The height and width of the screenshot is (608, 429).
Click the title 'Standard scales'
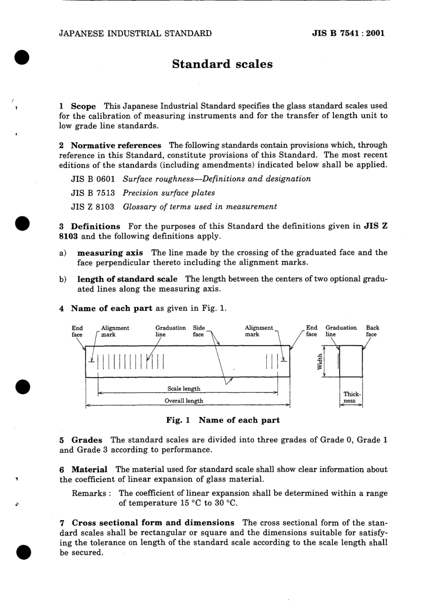coord(222,64)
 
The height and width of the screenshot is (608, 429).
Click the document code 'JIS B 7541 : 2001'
coord(348,33)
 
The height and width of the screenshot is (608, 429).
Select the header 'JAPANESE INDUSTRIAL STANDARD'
coord(135,33)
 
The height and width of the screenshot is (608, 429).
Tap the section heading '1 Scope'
coord(78,106)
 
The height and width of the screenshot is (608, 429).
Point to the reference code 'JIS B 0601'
coord(93,179)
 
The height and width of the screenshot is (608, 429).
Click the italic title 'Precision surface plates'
coord(169,193)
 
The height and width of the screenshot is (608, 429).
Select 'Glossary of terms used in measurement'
coord(200,207)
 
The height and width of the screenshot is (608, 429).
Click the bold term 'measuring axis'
coord(110,253)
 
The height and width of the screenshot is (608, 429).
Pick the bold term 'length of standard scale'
coord(127,279)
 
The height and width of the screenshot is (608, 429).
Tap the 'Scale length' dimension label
coord(184,389)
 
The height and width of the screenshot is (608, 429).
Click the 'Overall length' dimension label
coord(184,401)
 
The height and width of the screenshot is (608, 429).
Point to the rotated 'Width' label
coord(320,362)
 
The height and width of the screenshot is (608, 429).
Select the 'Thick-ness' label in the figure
coord(351,397)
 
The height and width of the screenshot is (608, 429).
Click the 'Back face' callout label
coord(372,331)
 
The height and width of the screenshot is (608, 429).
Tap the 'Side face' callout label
coord(199,331)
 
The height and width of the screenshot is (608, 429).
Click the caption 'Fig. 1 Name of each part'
coord(223,420)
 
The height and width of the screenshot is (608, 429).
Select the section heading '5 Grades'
coord(81,440)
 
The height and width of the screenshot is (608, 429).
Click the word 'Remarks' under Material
coord(89,493)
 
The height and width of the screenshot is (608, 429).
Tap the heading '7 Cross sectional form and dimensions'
coord(147,523)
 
